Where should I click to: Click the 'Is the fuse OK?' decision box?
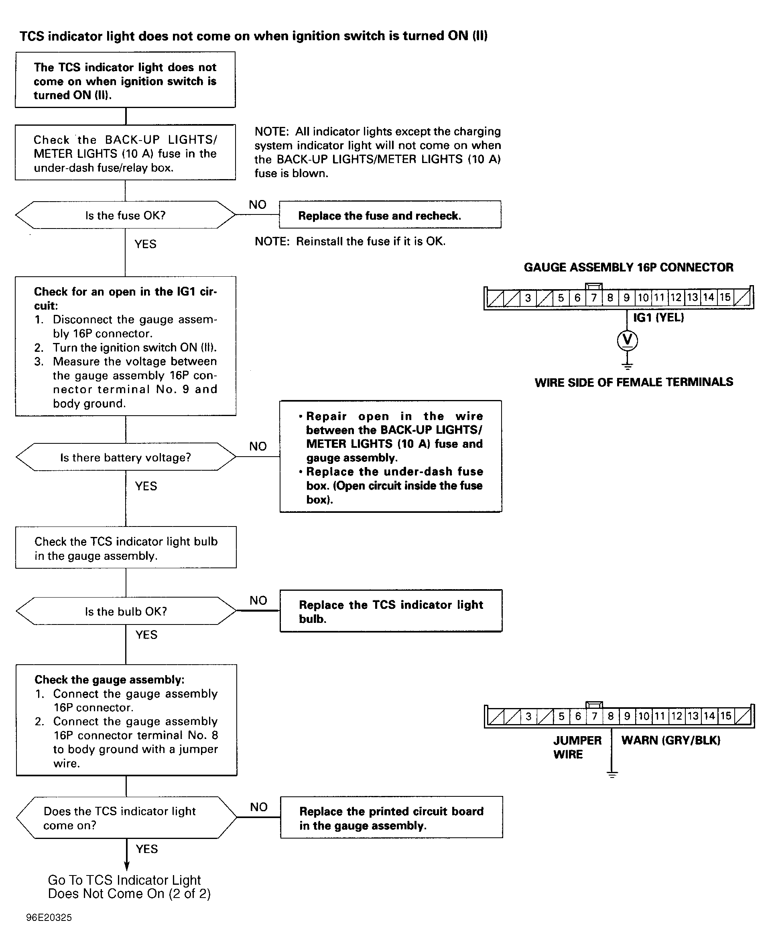click(125, 215)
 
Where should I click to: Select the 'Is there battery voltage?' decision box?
click(126, 457)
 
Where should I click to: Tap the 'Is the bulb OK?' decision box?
click(126, 611)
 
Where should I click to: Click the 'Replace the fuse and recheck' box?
click(390, 215)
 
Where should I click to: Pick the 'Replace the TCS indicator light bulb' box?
click(391, 610)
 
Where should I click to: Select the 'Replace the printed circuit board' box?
click(391, 817)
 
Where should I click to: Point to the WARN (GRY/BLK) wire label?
click(670, 740)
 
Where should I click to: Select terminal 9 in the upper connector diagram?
click(626, 298)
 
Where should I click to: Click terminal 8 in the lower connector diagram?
click(611, 716)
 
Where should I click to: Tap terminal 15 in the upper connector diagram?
click(725, 298)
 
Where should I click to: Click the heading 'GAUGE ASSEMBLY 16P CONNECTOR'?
click(628, 267)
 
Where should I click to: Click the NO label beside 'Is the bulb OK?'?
click(258, 600)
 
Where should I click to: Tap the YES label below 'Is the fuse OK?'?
click(146, 244)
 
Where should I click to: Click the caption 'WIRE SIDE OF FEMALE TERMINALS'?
click(634, 382)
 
